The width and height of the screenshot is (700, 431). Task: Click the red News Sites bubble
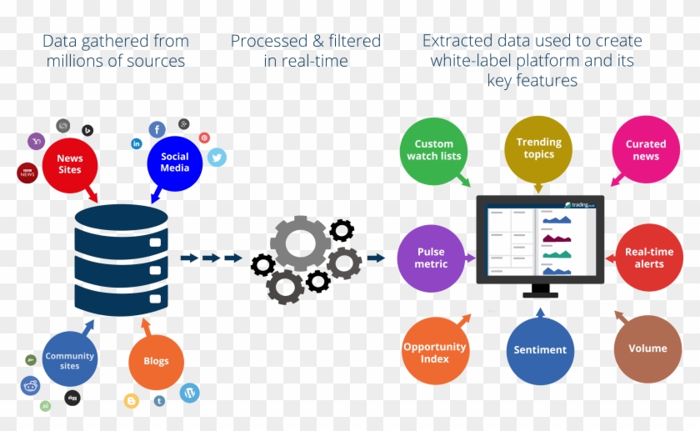70,163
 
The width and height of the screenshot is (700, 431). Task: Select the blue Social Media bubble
175,163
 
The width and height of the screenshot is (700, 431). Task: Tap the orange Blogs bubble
156,361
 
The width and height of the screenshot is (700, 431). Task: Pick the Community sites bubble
70,360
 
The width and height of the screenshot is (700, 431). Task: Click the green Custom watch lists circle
433,151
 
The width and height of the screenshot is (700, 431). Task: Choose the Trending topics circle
539,148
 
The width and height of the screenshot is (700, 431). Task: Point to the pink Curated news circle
646,150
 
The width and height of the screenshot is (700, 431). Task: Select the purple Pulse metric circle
431,258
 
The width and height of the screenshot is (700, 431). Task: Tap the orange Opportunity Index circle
435,352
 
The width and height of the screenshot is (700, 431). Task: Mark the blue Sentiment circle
540,350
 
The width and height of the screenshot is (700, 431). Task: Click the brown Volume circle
647,348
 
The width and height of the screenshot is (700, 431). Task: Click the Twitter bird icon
217,157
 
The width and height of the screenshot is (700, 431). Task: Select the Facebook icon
157,129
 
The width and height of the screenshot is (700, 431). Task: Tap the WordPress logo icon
190,393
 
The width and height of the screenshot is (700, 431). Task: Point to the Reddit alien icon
31,385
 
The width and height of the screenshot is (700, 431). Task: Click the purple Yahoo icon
36,142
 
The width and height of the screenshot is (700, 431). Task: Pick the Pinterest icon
204,138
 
